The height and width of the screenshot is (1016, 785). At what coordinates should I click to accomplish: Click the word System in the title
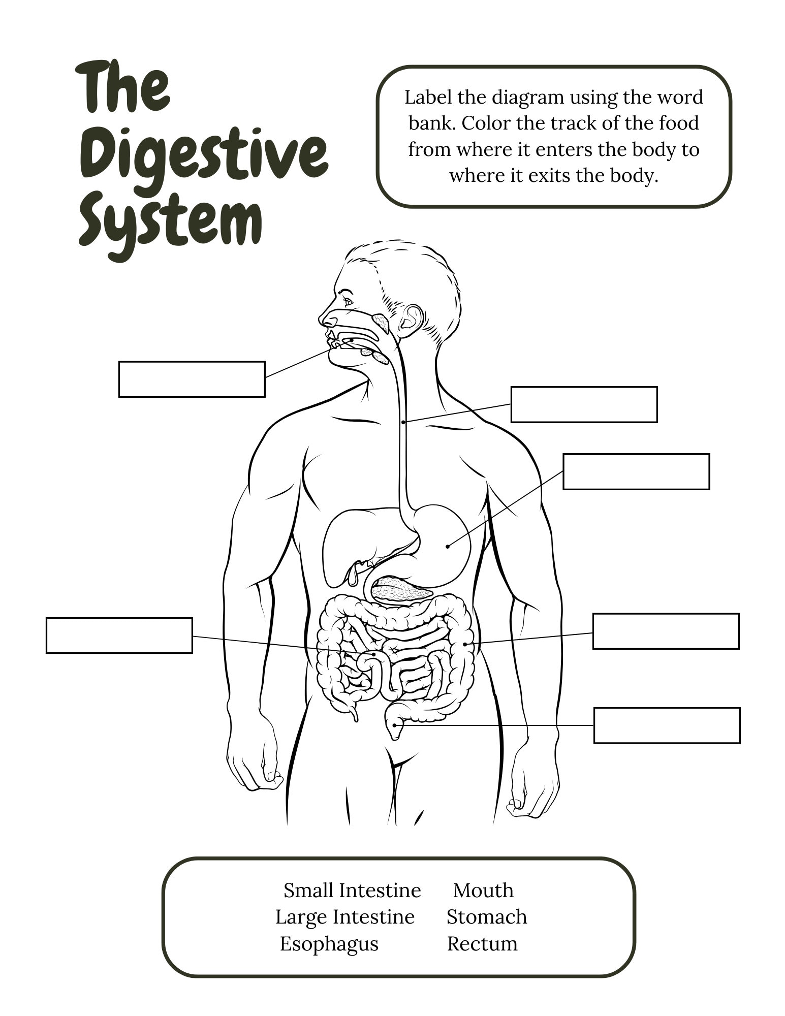click(171, 224)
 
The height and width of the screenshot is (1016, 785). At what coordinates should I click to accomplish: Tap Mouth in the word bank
click(483, 891)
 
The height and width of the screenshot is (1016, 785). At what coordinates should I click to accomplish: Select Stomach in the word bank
click(486, 917)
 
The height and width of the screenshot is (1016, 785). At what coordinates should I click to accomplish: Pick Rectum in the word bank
click(482, 944)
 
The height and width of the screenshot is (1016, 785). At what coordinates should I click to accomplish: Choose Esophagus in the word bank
click(329, 944)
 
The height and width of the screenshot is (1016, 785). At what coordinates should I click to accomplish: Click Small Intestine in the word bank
click(352, 891)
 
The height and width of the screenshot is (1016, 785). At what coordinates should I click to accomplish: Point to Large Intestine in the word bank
click(344, 917)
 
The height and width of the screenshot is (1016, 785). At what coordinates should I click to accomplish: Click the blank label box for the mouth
click(192, 379)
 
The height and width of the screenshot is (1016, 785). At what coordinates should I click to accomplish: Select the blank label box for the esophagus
click(584, 404)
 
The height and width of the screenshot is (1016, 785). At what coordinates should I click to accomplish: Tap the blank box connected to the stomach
click(636, 471)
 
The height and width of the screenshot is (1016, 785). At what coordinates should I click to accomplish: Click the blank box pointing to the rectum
click(667, 725)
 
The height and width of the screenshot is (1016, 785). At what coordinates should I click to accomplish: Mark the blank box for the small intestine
click(119, 635)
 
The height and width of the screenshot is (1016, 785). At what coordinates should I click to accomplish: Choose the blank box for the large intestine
click(666, 631)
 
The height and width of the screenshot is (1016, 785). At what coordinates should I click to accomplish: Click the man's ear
click(411, 320)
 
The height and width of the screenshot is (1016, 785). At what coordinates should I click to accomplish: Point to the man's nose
click(327, 320)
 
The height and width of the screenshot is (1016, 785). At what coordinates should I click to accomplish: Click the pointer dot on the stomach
click(448, 547)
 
